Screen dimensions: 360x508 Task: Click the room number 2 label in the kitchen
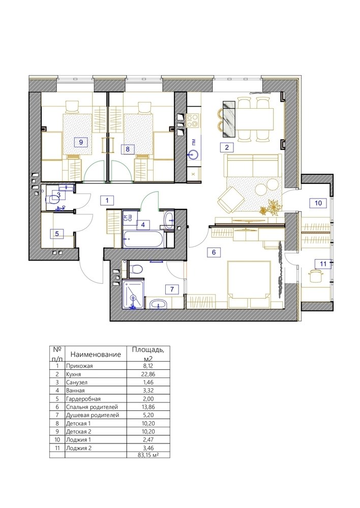227,147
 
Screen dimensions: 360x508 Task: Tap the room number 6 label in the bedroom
214,252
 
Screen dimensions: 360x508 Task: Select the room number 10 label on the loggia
318,203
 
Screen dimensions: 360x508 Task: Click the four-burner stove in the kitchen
193,120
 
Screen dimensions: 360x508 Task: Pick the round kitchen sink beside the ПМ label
194,155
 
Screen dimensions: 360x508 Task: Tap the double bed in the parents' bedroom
249,284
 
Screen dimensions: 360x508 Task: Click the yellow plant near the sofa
271,207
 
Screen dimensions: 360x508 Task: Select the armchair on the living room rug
231,200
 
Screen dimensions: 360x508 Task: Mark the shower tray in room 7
133,295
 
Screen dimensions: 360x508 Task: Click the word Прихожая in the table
79,366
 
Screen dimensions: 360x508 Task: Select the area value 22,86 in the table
148,374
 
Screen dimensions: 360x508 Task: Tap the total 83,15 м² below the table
148,455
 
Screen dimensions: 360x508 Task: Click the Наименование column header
96,355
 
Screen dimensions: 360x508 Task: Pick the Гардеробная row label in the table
83,399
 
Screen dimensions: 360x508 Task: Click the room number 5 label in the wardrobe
57,234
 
